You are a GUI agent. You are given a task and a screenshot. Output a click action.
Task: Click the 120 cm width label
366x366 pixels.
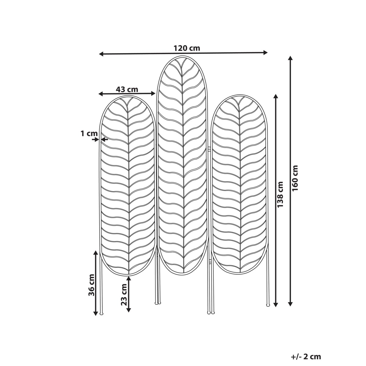187,48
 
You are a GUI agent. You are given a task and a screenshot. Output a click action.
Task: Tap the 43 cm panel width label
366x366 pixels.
127,89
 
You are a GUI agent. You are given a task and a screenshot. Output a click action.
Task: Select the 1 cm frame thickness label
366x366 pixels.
89,134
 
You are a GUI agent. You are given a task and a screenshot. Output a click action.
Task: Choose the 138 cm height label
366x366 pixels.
280,195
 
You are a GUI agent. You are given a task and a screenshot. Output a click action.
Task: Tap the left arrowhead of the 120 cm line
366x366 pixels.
101,54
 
